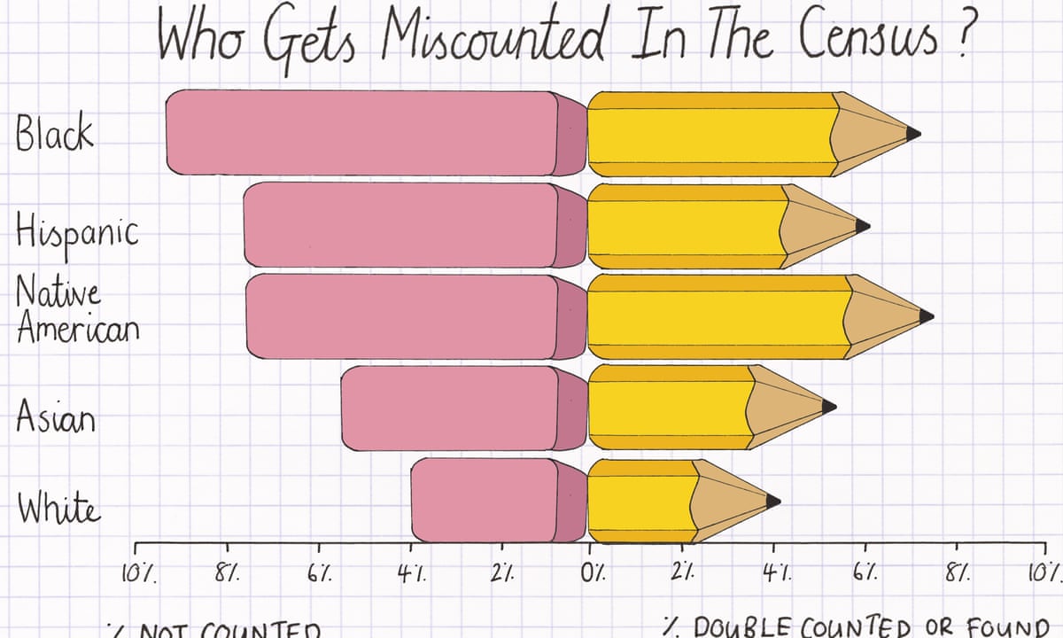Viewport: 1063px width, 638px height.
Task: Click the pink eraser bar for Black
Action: [x=363, y=133]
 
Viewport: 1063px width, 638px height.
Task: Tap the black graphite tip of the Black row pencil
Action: [x=913, y=133]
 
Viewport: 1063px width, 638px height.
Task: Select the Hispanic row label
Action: [x=76, y=235]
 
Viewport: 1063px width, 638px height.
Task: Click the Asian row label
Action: [x=55, y=417]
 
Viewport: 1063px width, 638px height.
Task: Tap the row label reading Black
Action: [x=54, y=136]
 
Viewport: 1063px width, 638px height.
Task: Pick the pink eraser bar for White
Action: [x=485, y=499]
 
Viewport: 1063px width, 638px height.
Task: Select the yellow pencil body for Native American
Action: [x=718, y=316]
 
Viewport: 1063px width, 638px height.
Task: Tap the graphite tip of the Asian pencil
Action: [x=829, y=407]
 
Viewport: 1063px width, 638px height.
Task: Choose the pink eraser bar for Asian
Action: [x=450, y=407]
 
